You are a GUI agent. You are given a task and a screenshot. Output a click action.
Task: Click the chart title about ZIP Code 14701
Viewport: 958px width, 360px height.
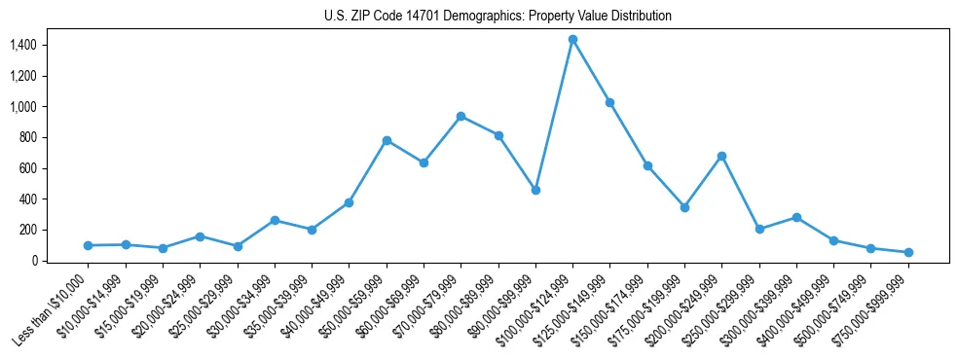tap(497, 17)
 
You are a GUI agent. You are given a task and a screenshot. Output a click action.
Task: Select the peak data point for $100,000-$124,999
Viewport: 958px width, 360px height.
tap(572, 39)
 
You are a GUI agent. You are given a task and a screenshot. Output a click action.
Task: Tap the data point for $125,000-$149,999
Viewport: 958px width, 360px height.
tap(609, 102)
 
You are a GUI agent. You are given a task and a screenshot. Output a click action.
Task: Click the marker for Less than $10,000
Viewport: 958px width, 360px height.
tap(88, 245)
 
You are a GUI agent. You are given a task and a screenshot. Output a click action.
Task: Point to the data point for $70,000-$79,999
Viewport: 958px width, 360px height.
tap(461, 116)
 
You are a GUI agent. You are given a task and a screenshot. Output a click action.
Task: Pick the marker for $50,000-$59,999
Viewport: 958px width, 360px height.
tap(387, 140)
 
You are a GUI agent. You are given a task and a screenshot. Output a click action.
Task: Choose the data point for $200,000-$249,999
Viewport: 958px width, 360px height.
tap(721, 156)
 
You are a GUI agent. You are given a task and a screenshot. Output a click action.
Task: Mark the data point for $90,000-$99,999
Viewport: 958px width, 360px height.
tap(535, 190)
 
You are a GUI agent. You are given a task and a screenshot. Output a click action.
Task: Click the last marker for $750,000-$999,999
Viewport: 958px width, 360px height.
tap(908, 252)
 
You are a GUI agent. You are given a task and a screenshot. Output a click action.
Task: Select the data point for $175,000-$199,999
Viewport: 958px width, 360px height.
tap(684, 207)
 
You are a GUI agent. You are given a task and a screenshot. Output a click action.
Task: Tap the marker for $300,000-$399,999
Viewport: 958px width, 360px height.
tap(796, 217)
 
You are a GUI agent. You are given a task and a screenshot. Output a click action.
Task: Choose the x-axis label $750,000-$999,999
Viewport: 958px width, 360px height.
tap(873, 311)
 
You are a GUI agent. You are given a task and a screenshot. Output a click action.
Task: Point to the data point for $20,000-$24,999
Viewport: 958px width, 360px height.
tap(200, 236)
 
